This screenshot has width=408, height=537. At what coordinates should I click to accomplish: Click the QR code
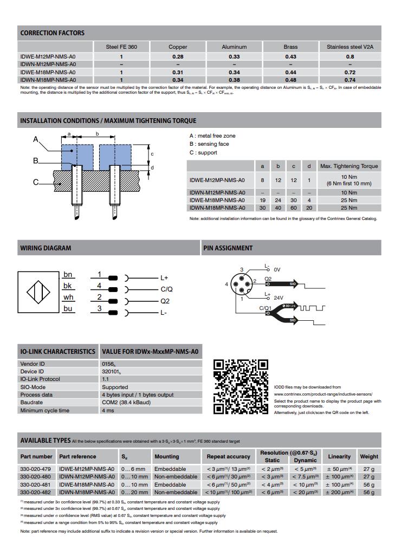(241, 387)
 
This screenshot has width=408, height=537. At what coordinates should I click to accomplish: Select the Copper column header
(178, 47)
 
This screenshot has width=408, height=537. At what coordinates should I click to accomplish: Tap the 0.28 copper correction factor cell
(178, 56)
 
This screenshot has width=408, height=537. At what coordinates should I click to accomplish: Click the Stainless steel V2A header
(350, 47)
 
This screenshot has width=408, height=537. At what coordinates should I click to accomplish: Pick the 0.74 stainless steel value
(350, 80)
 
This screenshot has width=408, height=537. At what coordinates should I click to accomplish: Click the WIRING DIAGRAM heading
(46, 248)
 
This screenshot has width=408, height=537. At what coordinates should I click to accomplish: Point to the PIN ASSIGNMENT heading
(228, 248)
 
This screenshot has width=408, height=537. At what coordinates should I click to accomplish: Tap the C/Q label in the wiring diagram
(166, 289)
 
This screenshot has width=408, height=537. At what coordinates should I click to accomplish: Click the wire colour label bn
(68, 275)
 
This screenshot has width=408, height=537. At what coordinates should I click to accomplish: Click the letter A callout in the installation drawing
(36, 140)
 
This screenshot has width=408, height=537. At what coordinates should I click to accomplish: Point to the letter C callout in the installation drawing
(36, 182)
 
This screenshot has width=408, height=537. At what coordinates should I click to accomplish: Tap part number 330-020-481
(35, 484)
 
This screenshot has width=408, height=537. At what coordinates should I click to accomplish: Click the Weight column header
(369, 456)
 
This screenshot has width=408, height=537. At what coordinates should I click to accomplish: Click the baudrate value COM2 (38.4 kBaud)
(128, 403)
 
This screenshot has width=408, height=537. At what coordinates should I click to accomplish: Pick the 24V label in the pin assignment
(279, 297)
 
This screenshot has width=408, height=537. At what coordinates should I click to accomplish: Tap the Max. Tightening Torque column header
(349, 166)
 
